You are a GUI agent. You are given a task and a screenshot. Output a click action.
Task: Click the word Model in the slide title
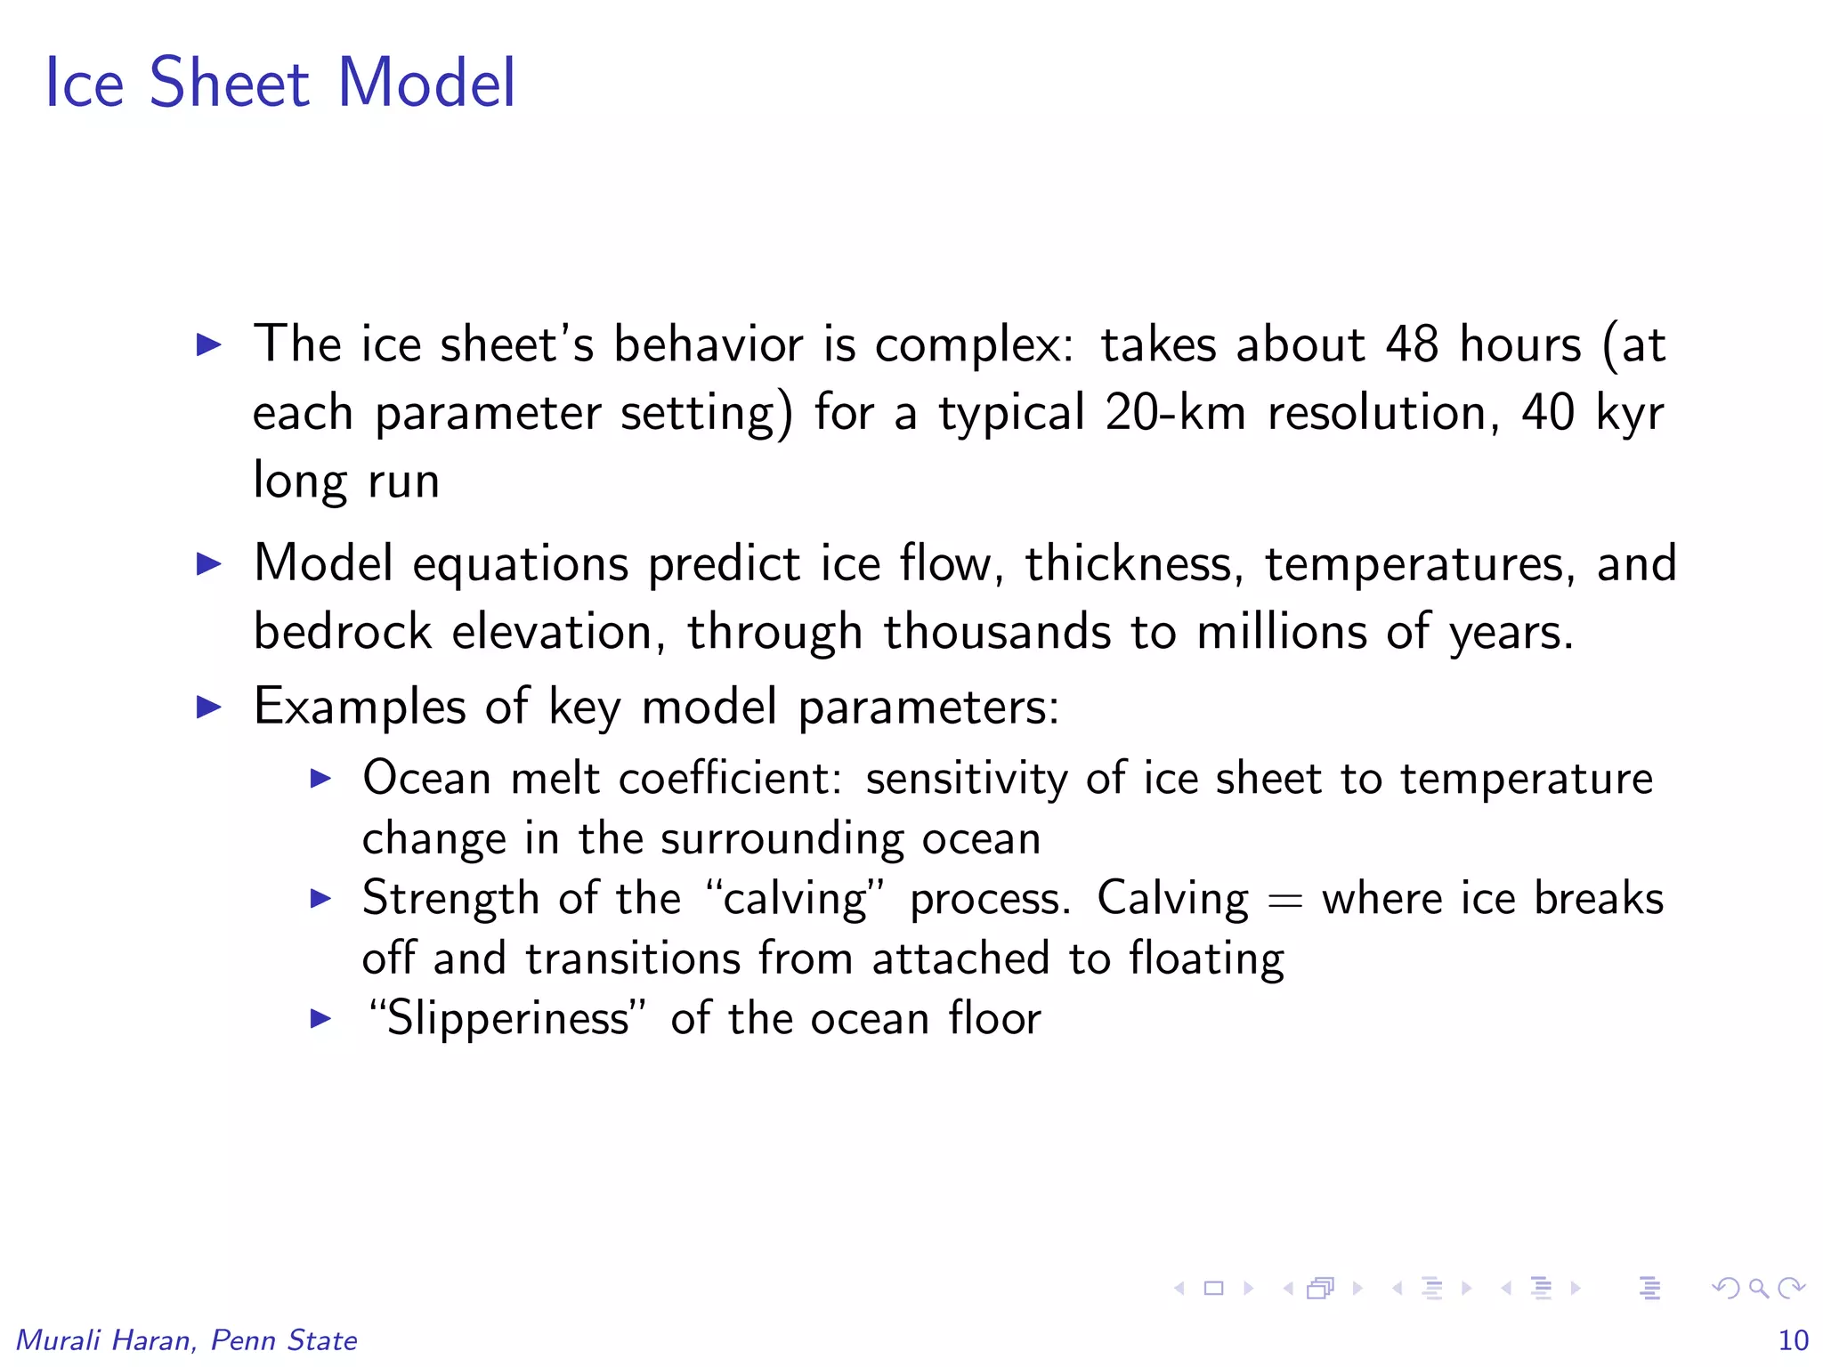(426, 83)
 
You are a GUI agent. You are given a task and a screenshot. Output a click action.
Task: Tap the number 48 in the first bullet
(1411, 344)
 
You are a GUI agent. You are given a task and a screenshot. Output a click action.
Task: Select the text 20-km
(1175, 412)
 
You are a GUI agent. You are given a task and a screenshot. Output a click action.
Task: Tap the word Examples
(360, 708)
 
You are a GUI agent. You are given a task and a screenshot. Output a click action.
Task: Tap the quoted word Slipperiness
(506, 1019)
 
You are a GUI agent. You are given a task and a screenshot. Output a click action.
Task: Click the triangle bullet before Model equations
(209, 564)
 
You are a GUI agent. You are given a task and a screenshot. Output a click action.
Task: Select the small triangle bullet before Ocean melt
(320, 780)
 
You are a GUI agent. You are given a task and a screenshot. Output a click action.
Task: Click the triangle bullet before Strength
(320, 899)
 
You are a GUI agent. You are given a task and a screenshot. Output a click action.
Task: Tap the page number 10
(1793, 1340)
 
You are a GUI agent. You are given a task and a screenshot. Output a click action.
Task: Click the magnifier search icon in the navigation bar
(1758, 1288)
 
